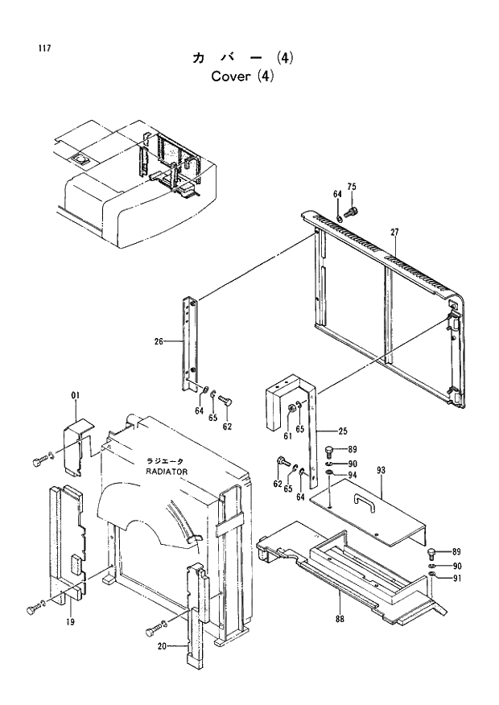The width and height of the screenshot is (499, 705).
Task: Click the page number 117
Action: pos(44,49)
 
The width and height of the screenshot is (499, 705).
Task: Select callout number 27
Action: pos(395,233)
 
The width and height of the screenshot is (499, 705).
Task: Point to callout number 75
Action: pos(352,188)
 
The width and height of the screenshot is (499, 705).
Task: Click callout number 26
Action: pos(159,341)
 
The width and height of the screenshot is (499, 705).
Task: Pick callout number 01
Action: pos(76,395)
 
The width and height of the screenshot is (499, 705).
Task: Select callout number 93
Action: pos(381,470)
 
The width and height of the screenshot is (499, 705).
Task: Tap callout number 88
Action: pos(339,618)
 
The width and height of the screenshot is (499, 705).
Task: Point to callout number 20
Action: pos(160,646)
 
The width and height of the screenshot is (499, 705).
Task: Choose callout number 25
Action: pos(342,431)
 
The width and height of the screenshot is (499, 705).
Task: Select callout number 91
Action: pos(456,577)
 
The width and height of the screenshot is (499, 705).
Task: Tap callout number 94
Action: pos(352,475)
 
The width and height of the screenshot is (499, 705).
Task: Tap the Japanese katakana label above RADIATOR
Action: pos(166,461)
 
